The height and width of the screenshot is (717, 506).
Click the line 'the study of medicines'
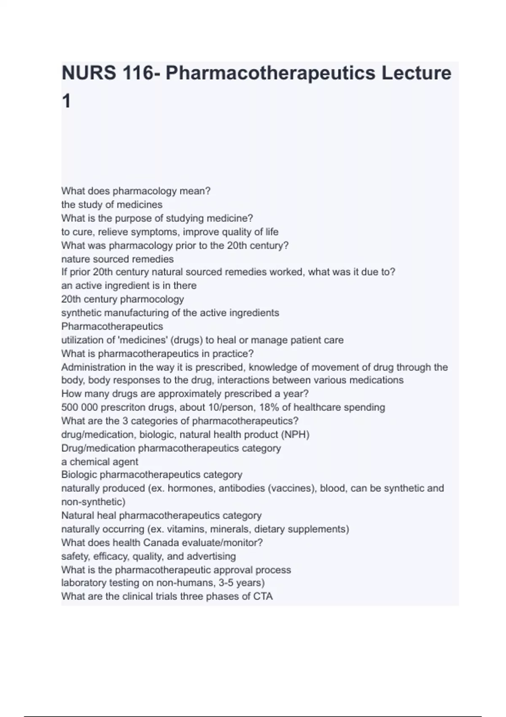[112, 205]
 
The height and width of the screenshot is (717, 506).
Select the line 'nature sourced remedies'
[117, 259]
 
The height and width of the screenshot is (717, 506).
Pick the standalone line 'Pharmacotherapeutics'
[112, 326]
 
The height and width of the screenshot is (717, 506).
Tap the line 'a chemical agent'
[100, 462]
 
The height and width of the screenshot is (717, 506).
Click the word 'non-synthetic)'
[93, 502]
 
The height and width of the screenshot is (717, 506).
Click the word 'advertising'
[211, 556]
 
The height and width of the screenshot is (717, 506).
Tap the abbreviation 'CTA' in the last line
[262, 597]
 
